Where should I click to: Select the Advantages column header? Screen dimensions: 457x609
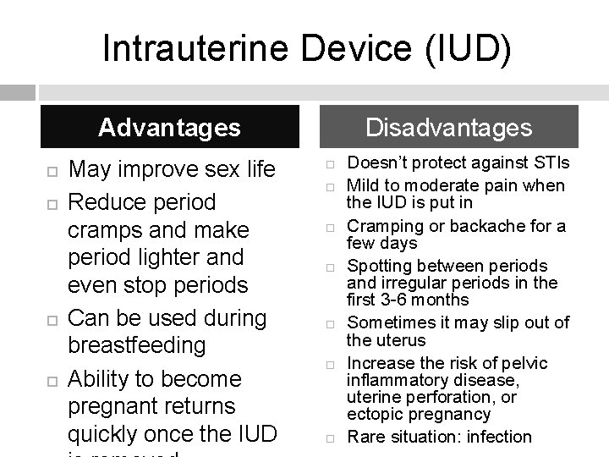click(x=169, y=128)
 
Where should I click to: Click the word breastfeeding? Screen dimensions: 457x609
click(x=136, y=345)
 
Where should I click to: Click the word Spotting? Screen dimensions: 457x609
click(x=378, y=266)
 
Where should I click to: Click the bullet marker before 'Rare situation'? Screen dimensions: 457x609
click(x=332, y=438)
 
